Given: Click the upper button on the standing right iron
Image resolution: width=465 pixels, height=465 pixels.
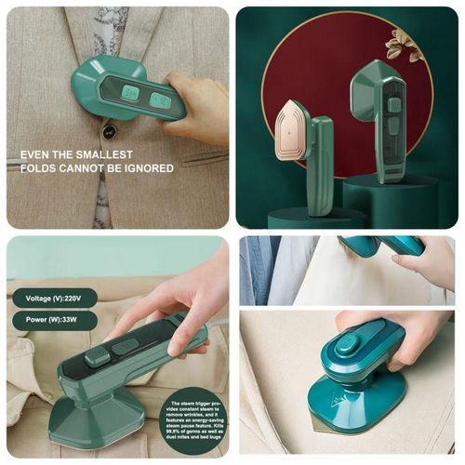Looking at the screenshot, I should pyautogui.click(x=393, y=88).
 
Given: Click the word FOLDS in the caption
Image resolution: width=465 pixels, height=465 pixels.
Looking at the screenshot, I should pyautogui.click(x=40, y=168).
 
